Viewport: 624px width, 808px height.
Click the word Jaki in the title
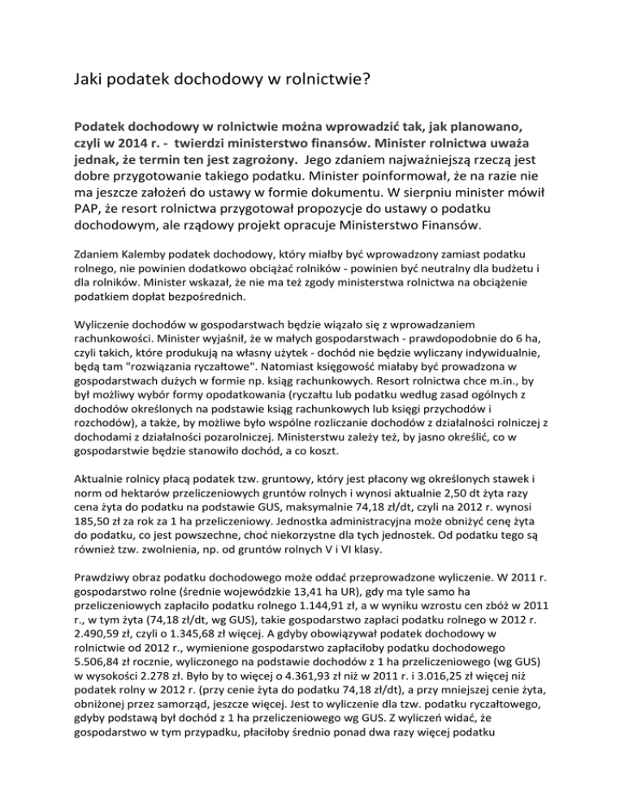pos(88,80)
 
